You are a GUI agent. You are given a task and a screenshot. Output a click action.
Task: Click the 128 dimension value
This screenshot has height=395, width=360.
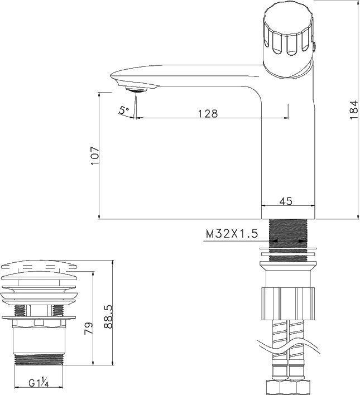(208, 113)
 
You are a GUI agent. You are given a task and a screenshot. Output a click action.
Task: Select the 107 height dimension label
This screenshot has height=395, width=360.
(95, 156)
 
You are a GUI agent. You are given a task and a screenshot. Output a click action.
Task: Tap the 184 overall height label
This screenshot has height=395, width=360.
(354, 110)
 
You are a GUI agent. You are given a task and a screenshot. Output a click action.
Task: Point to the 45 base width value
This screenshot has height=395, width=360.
(286, 201)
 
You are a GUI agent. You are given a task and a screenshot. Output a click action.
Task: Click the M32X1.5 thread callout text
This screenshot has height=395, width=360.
(232, 234)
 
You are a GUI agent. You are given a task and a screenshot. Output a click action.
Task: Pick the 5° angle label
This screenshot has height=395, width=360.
(124, 110)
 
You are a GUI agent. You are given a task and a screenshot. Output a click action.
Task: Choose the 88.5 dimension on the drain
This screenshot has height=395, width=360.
(108, 316)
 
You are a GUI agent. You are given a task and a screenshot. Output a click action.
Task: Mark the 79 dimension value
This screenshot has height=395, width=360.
(89, 328)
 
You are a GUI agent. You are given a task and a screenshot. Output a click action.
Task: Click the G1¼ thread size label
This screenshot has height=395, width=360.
(39, 383)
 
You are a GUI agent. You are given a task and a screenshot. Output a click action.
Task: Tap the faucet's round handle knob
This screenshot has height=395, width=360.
(289, 38)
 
